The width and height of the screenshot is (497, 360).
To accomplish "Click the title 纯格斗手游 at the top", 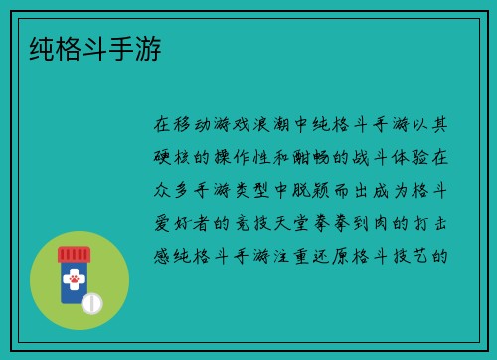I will [97, 47].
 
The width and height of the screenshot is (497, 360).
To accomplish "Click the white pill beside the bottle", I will [92, 302].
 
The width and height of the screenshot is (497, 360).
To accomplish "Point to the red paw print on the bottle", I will [74, 282].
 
